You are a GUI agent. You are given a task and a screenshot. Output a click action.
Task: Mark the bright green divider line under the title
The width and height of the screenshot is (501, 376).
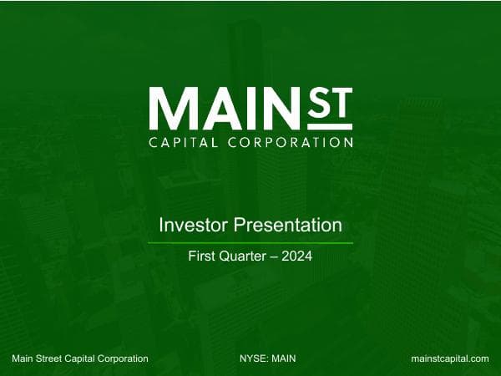[x=250, y=243]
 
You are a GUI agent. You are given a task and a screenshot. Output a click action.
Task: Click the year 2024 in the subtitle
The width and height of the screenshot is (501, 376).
[x=297, y=257]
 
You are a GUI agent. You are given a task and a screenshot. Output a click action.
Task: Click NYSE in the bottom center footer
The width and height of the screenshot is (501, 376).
[x=251, y=358]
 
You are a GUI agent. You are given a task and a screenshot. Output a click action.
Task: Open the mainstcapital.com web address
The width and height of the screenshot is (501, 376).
[x=450, y=358]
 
